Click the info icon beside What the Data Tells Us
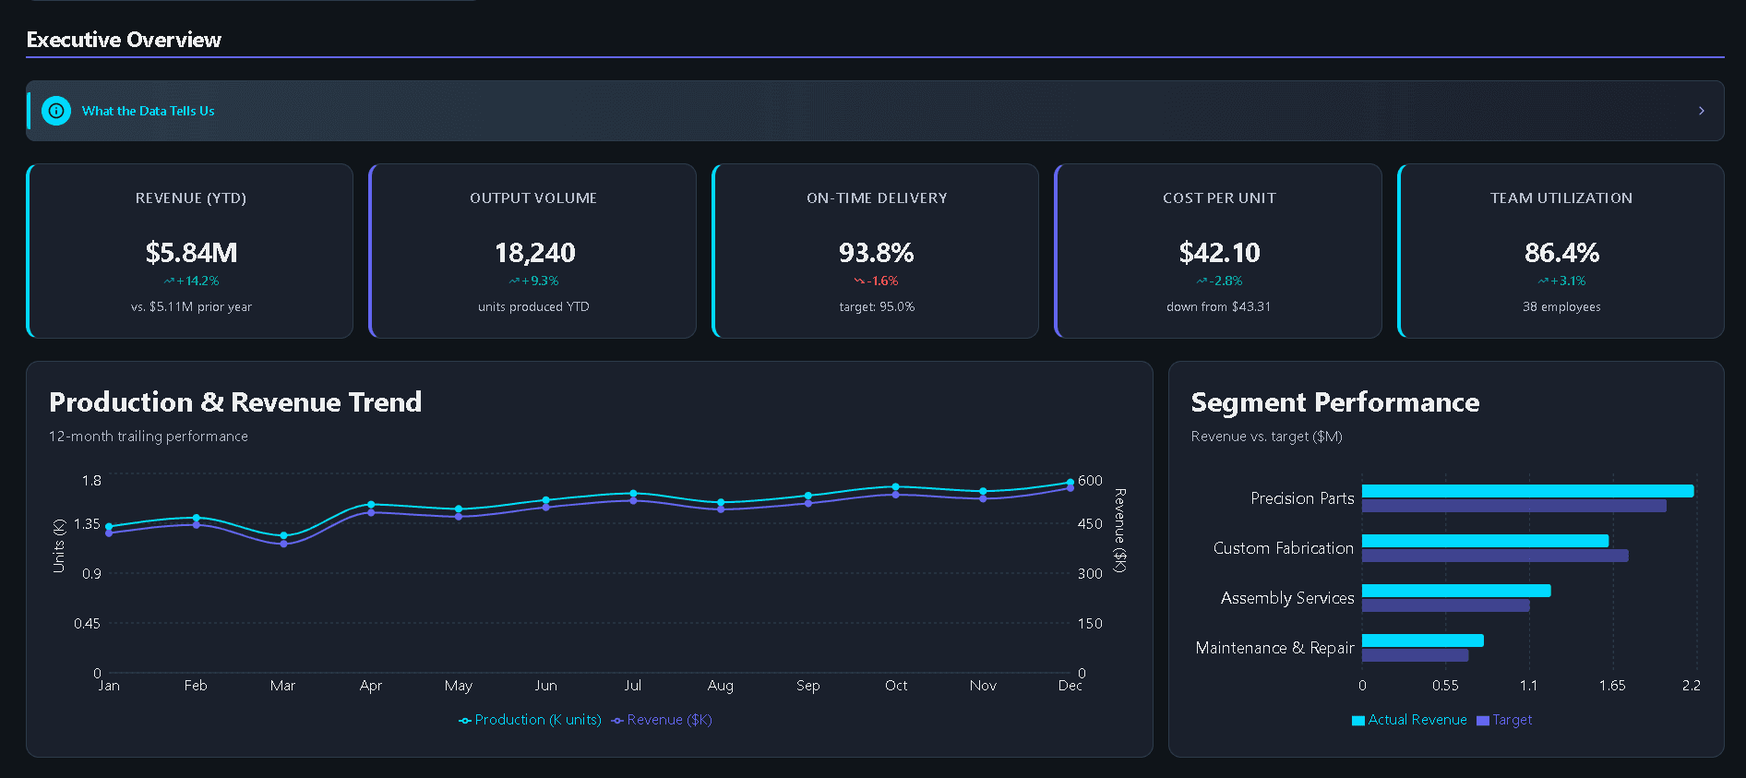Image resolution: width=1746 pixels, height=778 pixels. point(56,111)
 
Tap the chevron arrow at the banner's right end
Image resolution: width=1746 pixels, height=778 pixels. point(1701,111)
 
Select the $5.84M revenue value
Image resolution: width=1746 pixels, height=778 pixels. point(191,252)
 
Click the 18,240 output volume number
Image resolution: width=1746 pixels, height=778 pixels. point(534,252)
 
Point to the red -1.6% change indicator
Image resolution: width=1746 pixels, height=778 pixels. point(877,281)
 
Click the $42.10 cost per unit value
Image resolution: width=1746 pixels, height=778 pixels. point(1219,252)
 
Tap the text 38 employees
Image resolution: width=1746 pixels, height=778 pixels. point(1561,306)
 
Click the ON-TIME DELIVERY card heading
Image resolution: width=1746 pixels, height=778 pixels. point(877,197)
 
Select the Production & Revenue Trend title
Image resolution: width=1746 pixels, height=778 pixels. point(235,401)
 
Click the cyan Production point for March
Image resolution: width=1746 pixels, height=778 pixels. point(283,535)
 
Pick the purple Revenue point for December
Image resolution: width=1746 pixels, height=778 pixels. point(1070,488)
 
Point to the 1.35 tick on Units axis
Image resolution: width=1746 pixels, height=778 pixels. point(87,523)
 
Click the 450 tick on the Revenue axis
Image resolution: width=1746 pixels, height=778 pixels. point(1090,523)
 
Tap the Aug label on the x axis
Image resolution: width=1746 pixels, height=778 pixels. point(720,685)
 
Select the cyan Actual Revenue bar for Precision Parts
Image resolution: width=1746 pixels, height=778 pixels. point(1527,491)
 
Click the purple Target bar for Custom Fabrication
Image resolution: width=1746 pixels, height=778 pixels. point(1495,556)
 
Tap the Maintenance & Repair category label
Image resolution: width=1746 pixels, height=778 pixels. point(1274,648)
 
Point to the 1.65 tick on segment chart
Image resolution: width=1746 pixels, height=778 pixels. point(1612,685)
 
